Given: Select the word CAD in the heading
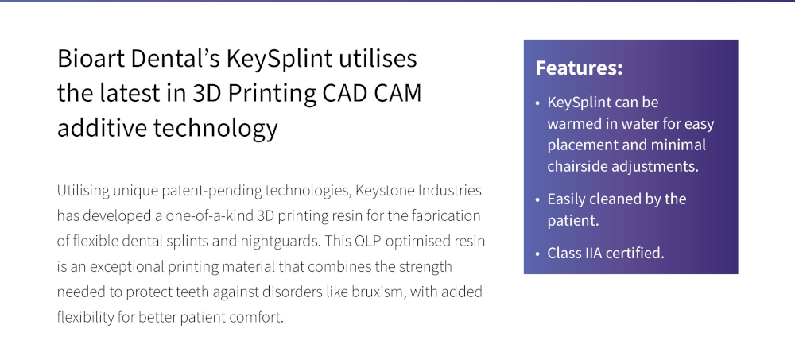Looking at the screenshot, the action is [x=343, y=93].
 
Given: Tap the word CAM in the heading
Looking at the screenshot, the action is [x=397, y=93].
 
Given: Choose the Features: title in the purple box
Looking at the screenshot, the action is [x=579, y=68].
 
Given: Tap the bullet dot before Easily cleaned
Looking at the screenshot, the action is [x=537, y=199].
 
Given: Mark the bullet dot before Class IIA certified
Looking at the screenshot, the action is [x=537, y=254].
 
